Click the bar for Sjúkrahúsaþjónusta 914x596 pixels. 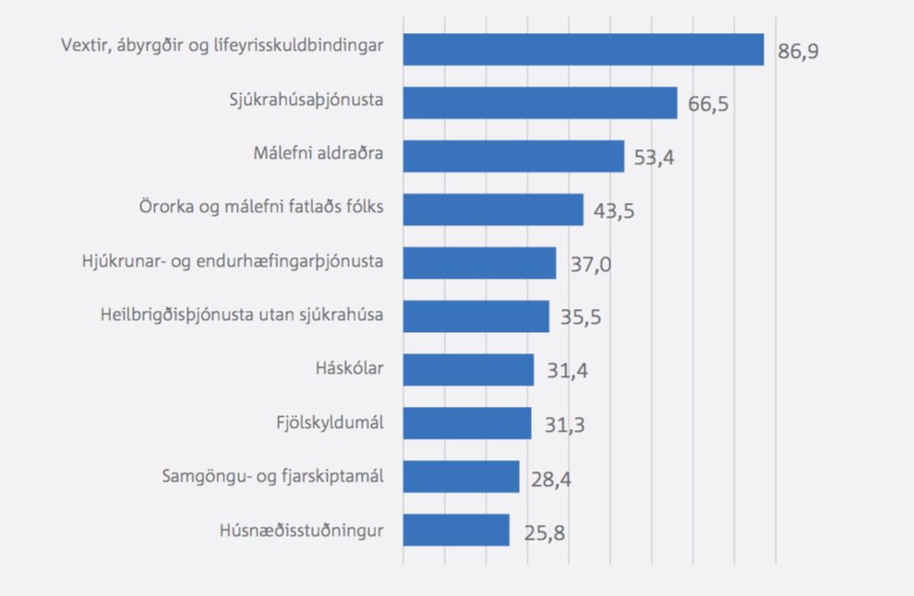pyautogui.click(x=540, y=102)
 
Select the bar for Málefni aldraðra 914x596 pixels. pyautogui.click(x=513, y=156)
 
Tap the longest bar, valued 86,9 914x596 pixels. pyautogui.click(x=583, y=49)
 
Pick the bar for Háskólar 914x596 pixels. pyautogui.click(x=468, y=370)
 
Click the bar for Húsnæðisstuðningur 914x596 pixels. pyautogui.click(x=456, y=530)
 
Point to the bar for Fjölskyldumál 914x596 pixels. pyautogui.click(x=467, y=423)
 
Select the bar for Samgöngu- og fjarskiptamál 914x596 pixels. pyautogui.click(x=461, y=477)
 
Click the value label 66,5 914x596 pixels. pyautogui.click(x=708, y=104)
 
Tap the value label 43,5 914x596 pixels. pyautogui.click(x=614, y=211)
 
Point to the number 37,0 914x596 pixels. pyautogui.click(x=587, y=265)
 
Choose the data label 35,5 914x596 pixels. pyautogui.click(x=580, y=318)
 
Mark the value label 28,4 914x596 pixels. pyautogui.click(x=550, y=479)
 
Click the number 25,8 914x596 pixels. pyautogui.click(x=540, y=532)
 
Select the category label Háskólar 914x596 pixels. pyautogui.click(x=349, y=370)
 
